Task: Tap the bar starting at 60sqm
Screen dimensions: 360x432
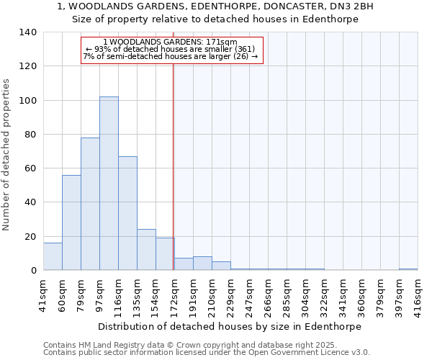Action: (71, 222)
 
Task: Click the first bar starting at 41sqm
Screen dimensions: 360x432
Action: (53, 256)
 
